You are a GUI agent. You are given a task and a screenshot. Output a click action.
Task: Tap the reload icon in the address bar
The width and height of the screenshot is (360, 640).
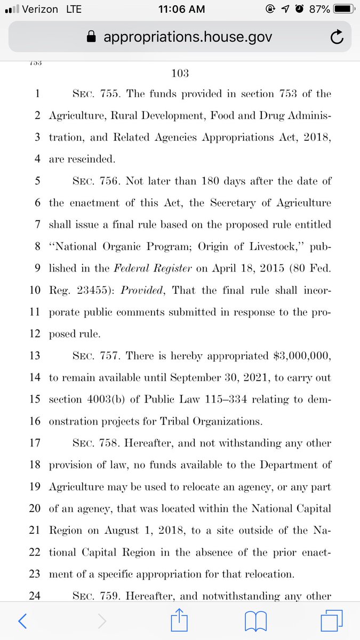[x=336, y=37]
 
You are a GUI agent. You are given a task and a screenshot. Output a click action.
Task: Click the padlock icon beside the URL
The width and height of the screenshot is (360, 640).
[x=92, y=37]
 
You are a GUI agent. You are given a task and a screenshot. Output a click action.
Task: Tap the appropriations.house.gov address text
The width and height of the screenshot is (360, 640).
[x=187, y=37]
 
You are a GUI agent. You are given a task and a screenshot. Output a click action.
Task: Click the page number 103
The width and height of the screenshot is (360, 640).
[x=180, y=73]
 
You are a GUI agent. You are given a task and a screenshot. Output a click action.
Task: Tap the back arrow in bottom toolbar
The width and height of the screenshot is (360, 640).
[x=22, y=620]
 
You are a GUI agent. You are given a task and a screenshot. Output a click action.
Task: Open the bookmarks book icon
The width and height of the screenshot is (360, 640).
[x=256, y=620]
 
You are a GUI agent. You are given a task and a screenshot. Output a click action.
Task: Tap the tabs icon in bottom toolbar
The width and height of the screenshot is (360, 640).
[x=331, y=620]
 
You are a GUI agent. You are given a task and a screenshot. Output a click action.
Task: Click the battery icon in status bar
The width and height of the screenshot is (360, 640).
[x=339, y=10]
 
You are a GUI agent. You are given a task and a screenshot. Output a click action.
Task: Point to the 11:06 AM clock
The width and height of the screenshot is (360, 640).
[x=180, y=10]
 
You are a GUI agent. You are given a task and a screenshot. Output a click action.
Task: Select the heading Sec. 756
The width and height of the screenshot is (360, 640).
[x=88, y=181]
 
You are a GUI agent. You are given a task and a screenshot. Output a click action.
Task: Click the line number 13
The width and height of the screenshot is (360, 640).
[x=35, y=356]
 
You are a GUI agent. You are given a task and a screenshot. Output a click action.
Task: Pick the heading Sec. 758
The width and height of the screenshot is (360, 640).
[x=88, y=443]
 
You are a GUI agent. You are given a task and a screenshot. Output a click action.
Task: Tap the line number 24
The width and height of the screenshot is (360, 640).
[x=35, y=596]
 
